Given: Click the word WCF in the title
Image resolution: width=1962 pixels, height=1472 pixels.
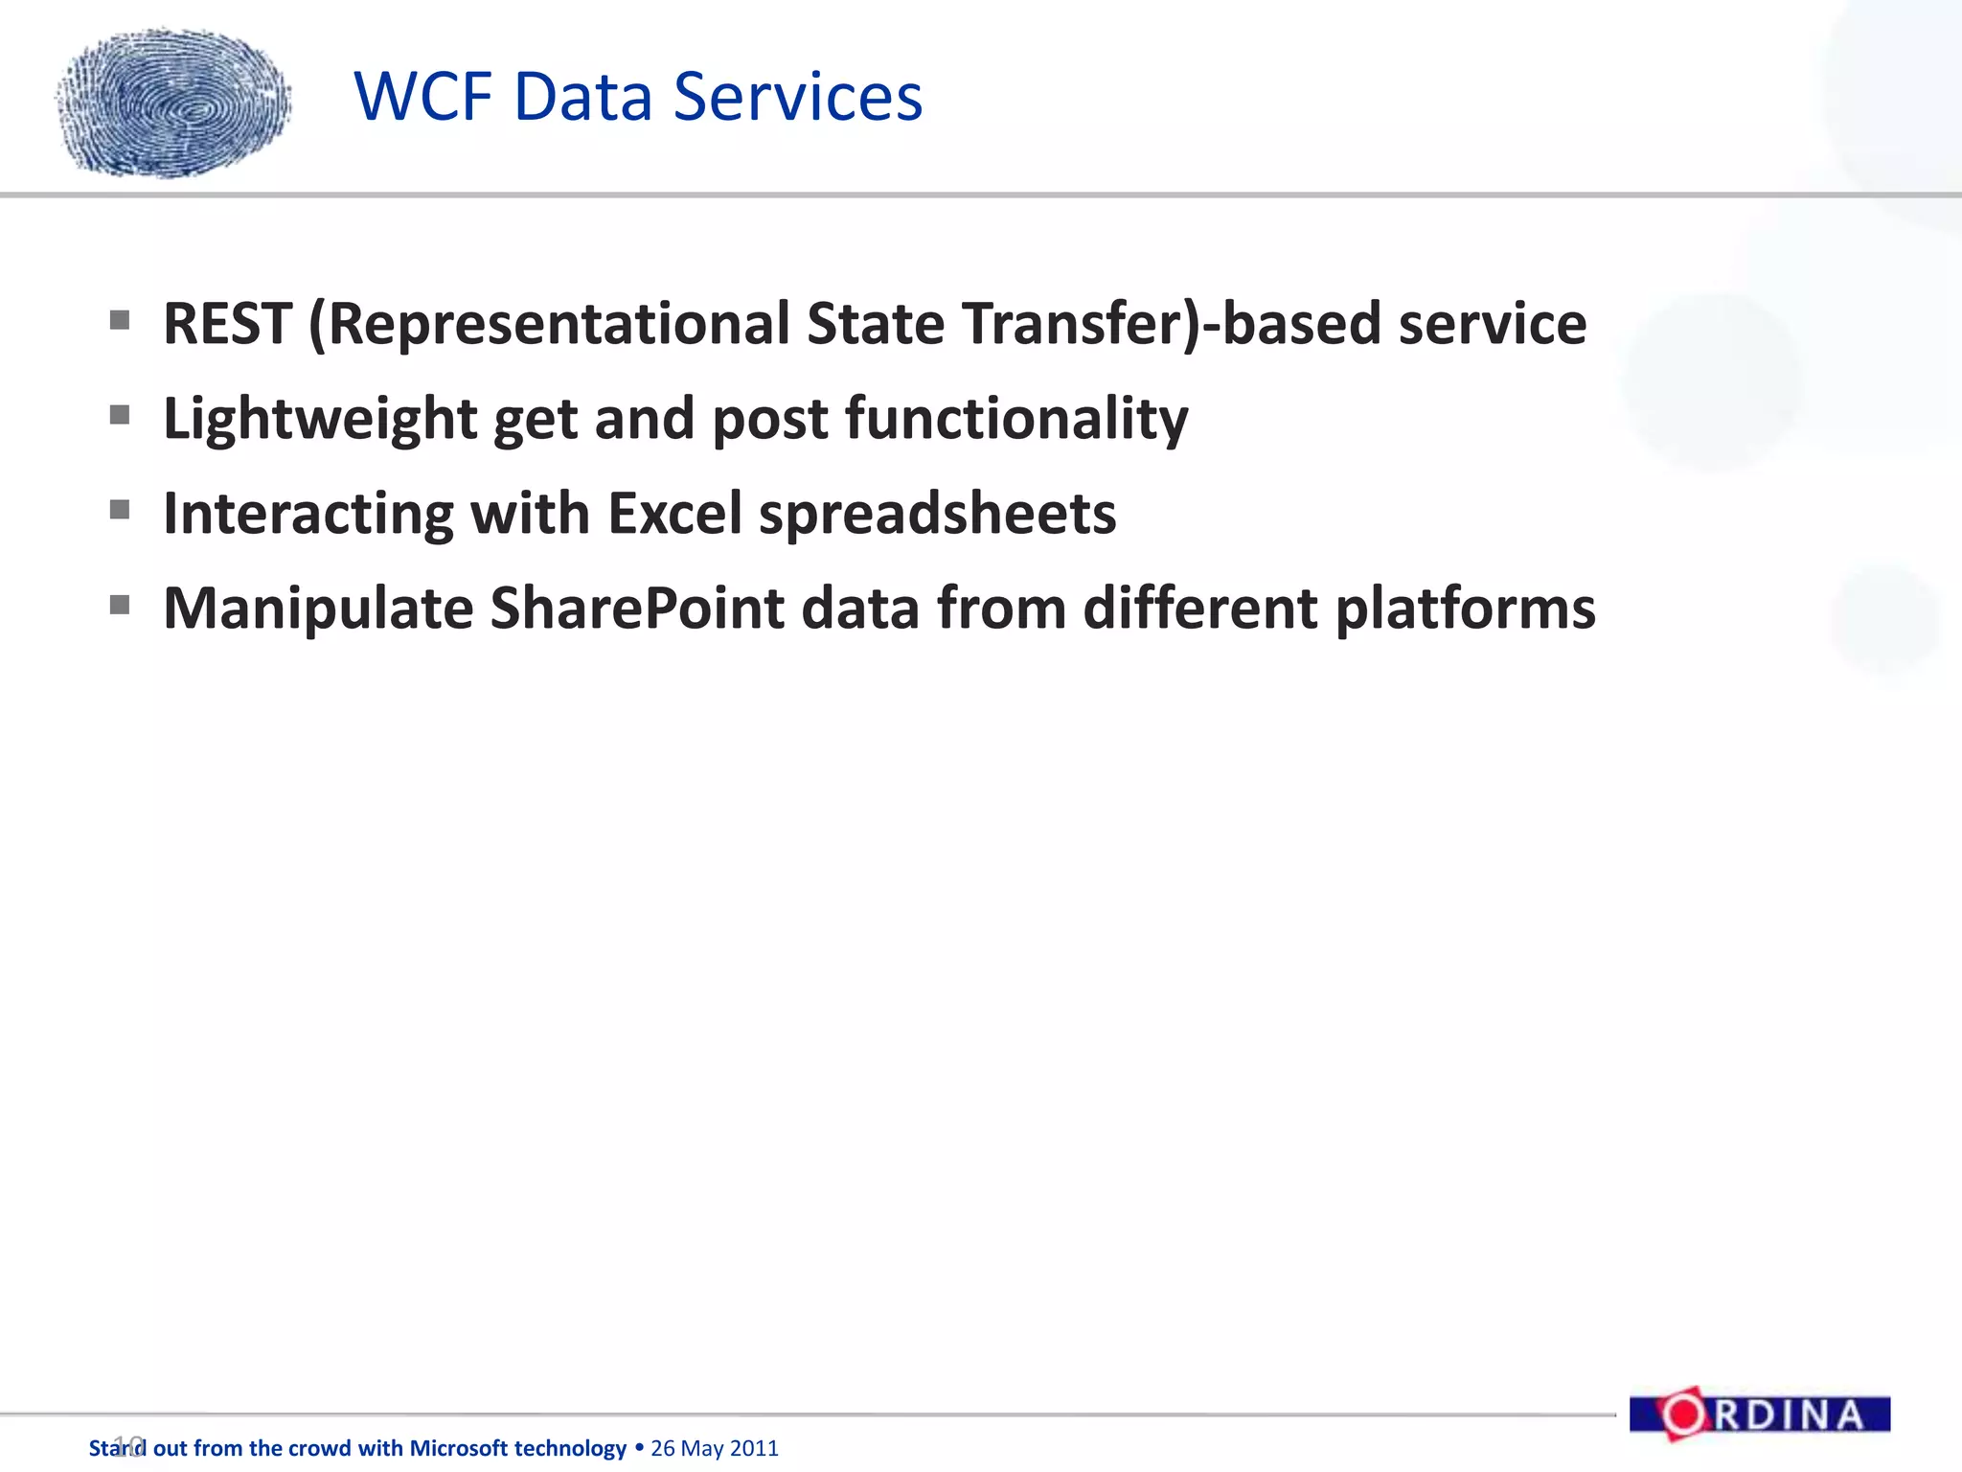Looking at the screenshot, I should click(424, 97).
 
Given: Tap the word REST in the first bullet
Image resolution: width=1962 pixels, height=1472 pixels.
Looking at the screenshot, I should click(227, 324).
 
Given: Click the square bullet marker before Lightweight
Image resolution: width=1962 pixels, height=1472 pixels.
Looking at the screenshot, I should click(120, 415).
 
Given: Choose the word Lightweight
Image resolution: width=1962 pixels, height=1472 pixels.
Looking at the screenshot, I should click(320, 420).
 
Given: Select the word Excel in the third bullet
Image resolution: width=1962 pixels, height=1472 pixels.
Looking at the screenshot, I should click(674, 514).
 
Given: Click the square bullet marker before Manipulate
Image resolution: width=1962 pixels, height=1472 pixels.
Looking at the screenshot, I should click(120, 605).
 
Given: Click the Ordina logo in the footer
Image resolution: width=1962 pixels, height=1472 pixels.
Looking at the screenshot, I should click(1760, 1414).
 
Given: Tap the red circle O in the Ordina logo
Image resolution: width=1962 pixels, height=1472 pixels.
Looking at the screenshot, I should click(1682, 1414).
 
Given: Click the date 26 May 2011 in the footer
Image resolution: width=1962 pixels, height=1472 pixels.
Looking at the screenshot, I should click(715, 1448).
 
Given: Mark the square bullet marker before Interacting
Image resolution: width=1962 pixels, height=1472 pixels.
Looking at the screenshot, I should click(120, 510).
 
